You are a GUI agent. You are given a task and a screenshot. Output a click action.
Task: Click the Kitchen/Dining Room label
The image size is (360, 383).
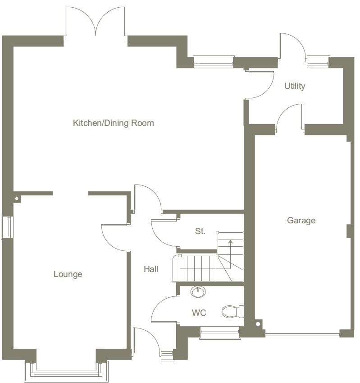pos(113,123)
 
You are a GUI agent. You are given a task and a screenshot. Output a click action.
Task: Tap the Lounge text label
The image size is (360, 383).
pos(68,274)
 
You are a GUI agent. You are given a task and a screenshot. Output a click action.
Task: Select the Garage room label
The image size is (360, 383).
pos(301,221)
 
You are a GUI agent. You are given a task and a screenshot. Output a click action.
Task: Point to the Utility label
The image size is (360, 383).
pos(295,86)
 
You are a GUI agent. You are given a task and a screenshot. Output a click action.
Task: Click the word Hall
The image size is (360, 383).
pos(151,269)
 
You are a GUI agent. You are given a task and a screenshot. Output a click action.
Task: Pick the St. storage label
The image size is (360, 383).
pos(200,231)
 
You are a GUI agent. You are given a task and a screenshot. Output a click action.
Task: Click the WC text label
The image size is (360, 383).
pos(199,313)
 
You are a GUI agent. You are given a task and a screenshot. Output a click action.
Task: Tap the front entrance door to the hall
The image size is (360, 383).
pos(146,341)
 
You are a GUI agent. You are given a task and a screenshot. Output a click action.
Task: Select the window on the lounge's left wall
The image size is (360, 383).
pos(7,227)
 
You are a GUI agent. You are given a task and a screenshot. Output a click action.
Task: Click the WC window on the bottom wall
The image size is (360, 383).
pos(220,333)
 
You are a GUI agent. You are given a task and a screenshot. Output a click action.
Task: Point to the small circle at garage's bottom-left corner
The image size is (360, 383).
pos(259,323)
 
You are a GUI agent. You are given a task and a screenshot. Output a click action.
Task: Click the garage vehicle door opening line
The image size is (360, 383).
pos(302,335)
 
